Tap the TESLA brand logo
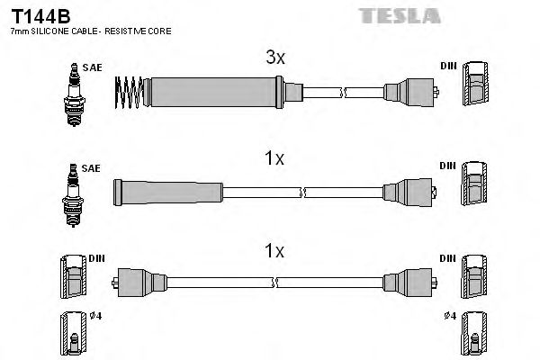pyautogui.click(x=399, y=14)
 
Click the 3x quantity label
pyautogui.click(x=274, y=58)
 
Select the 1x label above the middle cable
pyautogui.click(x=274, y=159)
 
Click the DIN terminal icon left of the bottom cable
pyautogui.click(x=71, y=275)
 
